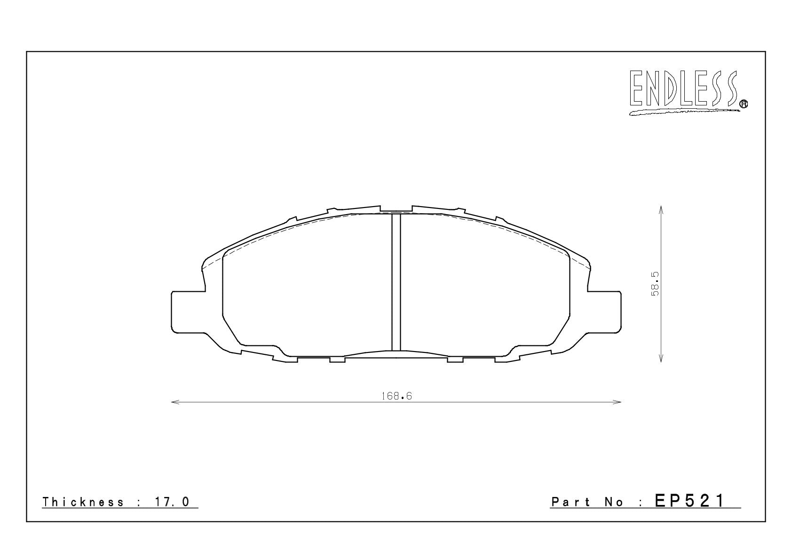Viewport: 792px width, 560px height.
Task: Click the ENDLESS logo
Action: pyautogui.click(x=688, y=92)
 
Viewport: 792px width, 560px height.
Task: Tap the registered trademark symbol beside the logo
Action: pyautogui.click(x=744, y=104)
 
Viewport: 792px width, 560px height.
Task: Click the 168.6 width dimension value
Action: pyautogui.click(x=397, y=396)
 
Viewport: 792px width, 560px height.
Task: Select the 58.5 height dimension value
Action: pyautogui.click(x=655, y=284)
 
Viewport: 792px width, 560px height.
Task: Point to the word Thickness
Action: pyautogui.click(x=83, y=502)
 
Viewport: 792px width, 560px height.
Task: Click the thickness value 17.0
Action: pyautogui.click(x=172, y=502)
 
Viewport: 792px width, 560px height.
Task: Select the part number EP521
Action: pyautogui.click(x=689, y=501)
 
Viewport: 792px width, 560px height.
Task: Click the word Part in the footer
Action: pyautogui.click(x=570, y=502)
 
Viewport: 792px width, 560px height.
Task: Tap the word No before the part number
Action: pyautogui.click(x=614, y=502)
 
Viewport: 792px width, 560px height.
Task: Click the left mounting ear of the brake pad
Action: pyautogui.click(x=189, y=312)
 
